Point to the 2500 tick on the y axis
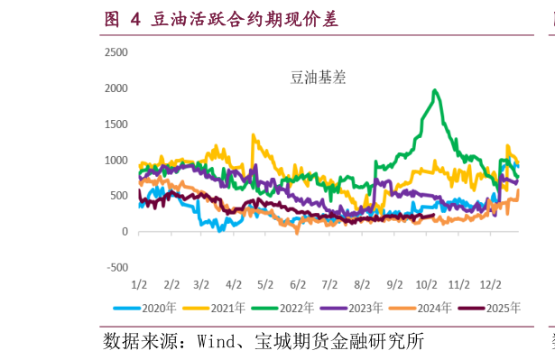[116, 52]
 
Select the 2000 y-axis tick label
[116, 88]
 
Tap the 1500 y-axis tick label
[116, 125]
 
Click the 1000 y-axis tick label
[116, 161]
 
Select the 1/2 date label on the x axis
[139, 284]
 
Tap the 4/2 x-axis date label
[234, 284]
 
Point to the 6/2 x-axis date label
[297, 284]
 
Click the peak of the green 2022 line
[435, 90]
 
